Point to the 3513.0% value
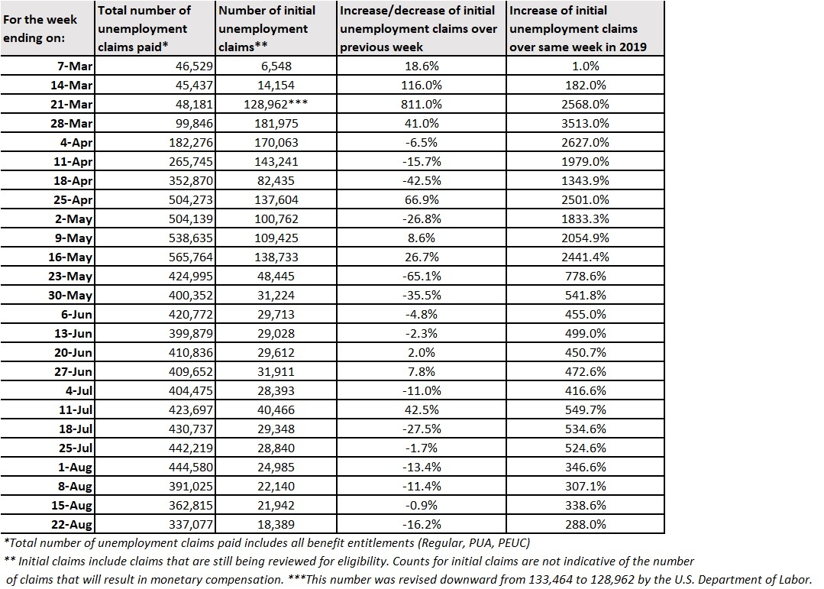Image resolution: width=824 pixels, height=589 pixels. [586, 123]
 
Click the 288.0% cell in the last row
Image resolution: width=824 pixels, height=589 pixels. [586, 524]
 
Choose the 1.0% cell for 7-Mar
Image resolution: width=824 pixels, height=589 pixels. [586, 66]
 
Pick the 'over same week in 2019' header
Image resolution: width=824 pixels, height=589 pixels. [577, 47]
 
